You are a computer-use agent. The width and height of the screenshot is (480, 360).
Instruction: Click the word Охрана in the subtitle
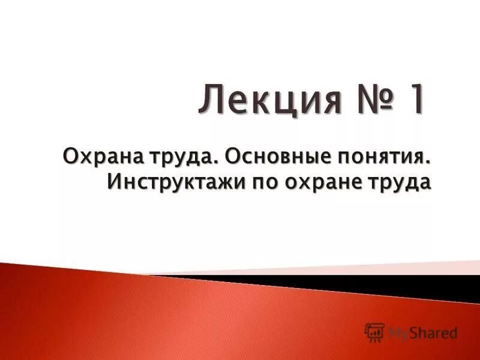click(x=95, y=158)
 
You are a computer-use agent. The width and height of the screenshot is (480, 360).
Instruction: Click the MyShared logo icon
click(x=374, y=332)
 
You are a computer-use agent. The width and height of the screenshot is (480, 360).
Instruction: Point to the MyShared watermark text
click(x=422, y=332)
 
